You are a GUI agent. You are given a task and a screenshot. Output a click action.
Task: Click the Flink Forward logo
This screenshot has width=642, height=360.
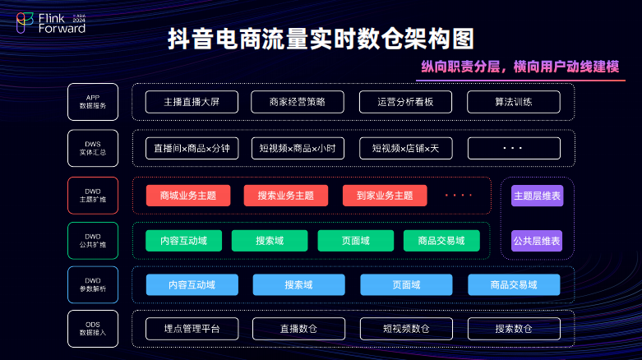[52, 23]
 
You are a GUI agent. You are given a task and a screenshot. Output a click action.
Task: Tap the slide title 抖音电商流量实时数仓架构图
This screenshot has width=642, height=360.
[321, 40]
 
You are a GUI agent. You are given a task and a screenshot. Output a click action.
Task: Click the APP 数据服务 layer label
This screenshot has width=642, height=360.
[92, 102]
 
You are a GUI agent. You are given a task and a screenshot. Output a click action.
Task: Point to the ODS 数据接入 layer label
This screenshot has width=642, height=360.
[92, 328]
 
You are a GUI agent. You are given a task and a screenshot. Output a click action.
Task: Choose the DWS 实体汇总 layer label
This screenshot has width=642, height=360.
[92, 148]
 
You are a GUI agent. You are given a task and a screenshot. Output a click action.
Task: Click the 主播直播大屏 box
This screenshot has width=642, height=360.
[192, 102]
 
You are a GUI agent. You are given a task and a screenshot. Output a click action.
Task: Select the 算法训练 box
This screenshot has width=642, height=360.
[514, 102]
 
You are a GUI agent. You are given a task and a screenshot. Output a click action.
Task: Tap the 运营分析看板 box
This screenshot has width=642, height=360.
[405, 102]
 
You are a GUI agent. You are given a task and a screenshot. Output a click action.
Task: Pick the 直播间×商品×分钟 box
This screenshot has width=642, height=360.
[192, 149]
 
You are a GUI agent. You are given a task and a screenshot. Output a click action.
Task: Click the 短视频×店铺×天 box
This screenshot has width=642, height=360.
[405, 149]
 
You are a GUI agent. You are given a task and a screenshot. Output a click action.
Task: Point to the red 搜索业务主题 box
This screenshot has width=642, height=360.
[285, 196]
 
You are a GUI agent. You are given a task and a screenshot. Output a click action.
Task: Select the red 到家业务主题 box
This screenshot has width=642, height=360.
[385, 196]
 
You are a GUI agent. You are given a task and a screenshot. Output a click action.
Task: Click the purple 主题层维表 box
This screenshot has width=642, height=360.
[537, 196]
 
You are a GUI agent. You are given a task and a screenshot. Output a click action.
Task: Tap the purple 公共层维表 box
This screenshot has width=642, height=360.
[537, 241]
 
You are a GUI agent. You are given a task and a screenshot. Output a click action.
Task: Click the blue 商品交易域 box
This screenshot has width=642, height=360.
[514, 285]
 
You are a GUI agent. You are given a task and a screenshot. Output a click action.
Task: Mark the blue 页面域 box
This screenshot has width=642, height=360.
[406, 285]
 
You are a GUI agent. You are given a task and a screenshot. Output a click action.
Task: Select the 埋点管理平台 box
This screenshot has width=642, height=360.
[192, 329]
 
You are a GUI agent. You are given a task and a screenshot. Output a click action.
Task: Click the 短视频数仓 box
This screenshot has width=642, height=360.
[406, 329]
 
